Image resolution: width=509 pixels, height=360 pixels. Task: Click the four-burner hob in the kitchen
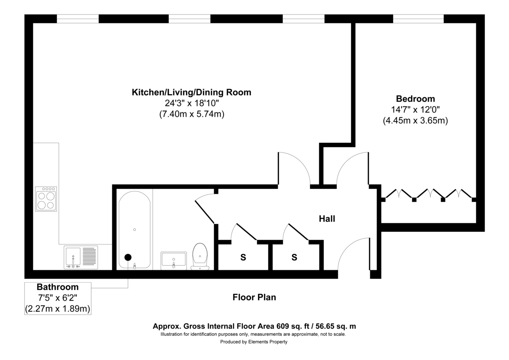pyautogui.click(x=46, y=199)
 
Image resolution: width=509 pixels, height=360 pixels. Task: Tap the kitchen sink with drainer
pyautogui.click(x=81, y=257)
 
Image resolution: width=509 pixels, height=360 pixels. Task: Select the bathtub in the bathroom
pyautogui.click(x=134, y=229)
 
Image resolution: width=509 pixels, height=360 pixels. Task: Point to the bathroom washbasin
pyautogui.click(x=173, y=259)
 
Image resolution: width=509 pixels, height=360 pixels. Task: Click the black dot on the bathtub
pyautogui.click(x=128, y=257)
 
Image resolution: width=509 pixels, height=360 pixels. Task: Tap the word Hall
pyautogui.click(x=327, y=219)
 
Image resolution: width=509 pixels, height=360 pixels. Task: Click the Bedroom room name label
pyautogui.click(x=415, y=98)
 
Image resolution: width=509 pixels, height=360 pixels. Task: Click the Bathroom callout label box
pyautogui.click(x=58, y=298)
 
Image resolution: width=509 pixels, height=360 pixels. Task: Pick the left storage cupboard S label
pyautogui.click(x=243, y=257)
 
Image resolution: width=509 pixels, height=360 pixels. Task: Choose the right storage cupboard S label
pyautogui.click(x=294, y=257)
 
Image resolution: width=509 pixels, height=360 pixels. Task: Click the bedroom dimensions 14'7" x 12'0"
pyautogui.click(x=415, y=110)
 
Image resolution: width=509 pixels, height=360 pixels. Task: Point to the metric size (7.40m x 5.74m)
pyautogui.click(x=192, y=114)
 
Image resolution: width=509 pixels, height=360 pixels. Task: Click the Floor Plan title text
pyautogui.click(x=254, y=297)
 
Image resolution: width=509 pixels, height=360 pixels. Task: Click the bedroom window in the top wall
pyautogui.click(x=418, y=19)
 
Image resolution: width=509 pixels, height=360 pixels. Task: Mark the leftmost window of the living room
pyautogui.click(x=78, y=19)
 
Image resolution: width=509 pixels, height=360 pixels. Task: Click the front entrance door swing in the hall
pyautogui.click(x=352, y=255)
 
